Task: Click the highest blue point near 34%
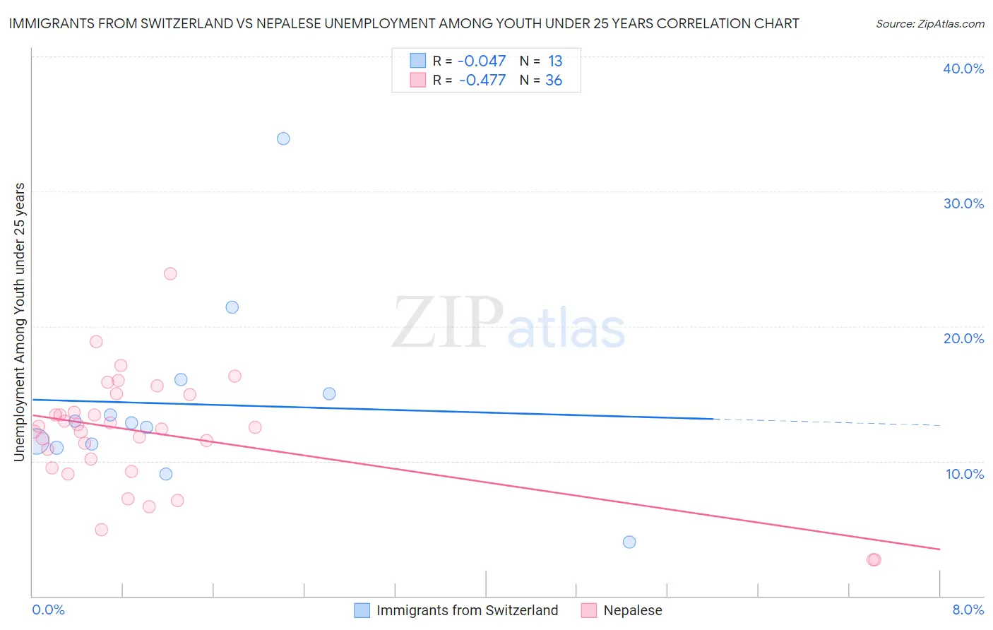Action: point(283,138)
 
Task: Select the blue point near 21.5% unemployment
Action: point(232,307)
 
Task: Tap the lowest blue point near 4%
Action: point(629,542)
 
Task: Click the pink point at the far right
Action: point(874,559)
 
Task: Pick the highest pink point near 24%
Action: point(170,273)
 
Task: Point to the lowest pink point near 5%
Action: point(102,530)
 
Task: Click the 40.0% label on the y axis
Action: point(963,69)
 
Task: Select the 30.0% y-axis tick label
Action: point(963,203)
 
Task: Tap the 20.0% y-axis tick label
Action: point(963,338)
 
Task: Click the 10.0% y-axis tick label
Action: point(965,474)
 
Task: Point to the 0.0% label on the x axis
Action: point(49,610)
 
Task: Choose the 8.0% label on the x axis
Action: point(968,610)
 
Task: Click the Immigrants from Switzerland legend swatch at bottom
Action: point(362,610)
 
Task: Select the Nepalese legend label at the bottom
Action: point(633,610)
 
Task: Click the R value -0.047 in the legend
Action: point(482,61)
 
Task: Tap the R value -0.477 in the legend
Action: point(482,81)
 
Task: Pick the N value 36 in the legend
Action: point(554,81)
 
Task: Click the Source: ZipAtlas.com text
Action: point(929,23)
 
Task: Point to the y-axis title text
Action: point(19,322)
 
